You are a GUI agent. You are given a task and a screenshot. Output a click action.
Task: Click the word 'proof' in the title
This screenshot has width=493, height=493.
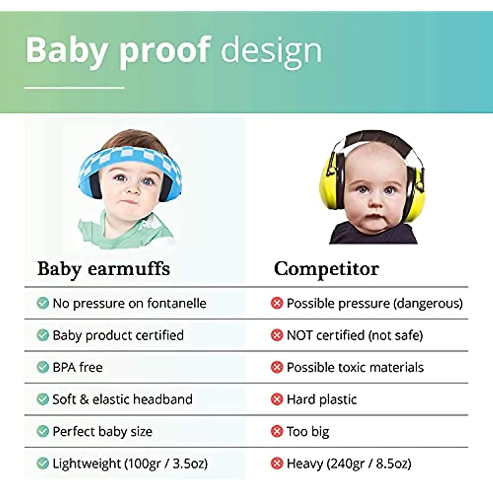point(165,51)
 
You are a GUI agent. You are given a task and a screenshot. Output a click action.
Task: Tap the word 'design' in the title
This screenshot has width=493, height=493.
point(271,51)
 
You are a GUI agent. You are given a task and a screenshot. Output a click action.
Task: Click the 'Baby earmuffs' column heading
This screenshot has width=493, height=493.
point(104,269)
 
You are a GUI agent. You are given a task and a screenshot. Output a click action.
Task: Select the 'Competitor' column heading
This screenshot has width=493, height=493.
point(326,269)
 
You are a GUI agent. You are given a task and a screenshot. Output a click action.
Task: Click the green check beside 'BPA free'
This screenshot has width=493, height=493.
point(43,367)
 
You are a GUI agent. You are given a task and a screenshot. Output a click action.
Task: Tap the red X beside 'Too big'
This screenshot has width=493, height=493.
point(277,431)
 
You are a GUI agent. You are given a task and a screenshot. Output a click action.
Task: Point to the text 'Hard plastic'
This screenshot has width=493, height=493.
point(322,399)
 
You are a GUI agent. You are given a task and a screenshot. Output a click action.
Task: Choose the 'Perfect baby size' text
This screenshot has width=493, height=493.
point(102,431)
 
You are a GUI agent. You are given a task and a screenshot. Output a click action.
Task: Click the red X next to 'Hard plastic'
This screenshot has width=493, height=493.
point(277,399)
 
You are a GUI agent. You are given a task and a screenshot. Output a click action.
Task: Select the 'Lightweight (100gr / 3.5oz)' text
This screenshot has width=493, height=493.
point(130,463)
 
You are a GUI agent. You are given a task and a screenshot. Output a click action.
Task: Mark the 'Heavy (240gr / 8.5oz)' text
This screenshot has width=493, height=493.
point(349,463)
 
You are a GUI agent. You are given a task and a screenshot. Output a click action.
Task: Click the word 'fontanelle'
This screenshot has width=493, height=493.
point(177,303)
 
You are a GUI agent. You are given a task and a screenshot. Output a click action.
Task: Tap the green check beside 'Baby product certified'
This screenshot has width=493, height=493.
point(43,335)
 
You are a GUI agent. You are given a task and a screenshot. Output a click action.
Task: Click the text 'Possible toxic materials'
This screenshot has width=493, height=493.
point(355,367)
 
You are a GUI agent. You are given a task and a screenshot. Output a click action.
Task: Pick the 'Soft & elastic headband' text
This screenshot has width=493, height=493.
point(122,399)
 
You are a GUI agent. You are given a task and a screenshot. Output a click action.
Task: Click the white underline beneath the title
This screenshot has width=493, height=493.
point(74,88)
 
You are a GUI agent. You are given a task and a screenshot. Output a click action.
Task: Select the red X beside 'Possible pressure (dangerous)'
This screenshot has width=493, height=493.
point(277,303)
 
